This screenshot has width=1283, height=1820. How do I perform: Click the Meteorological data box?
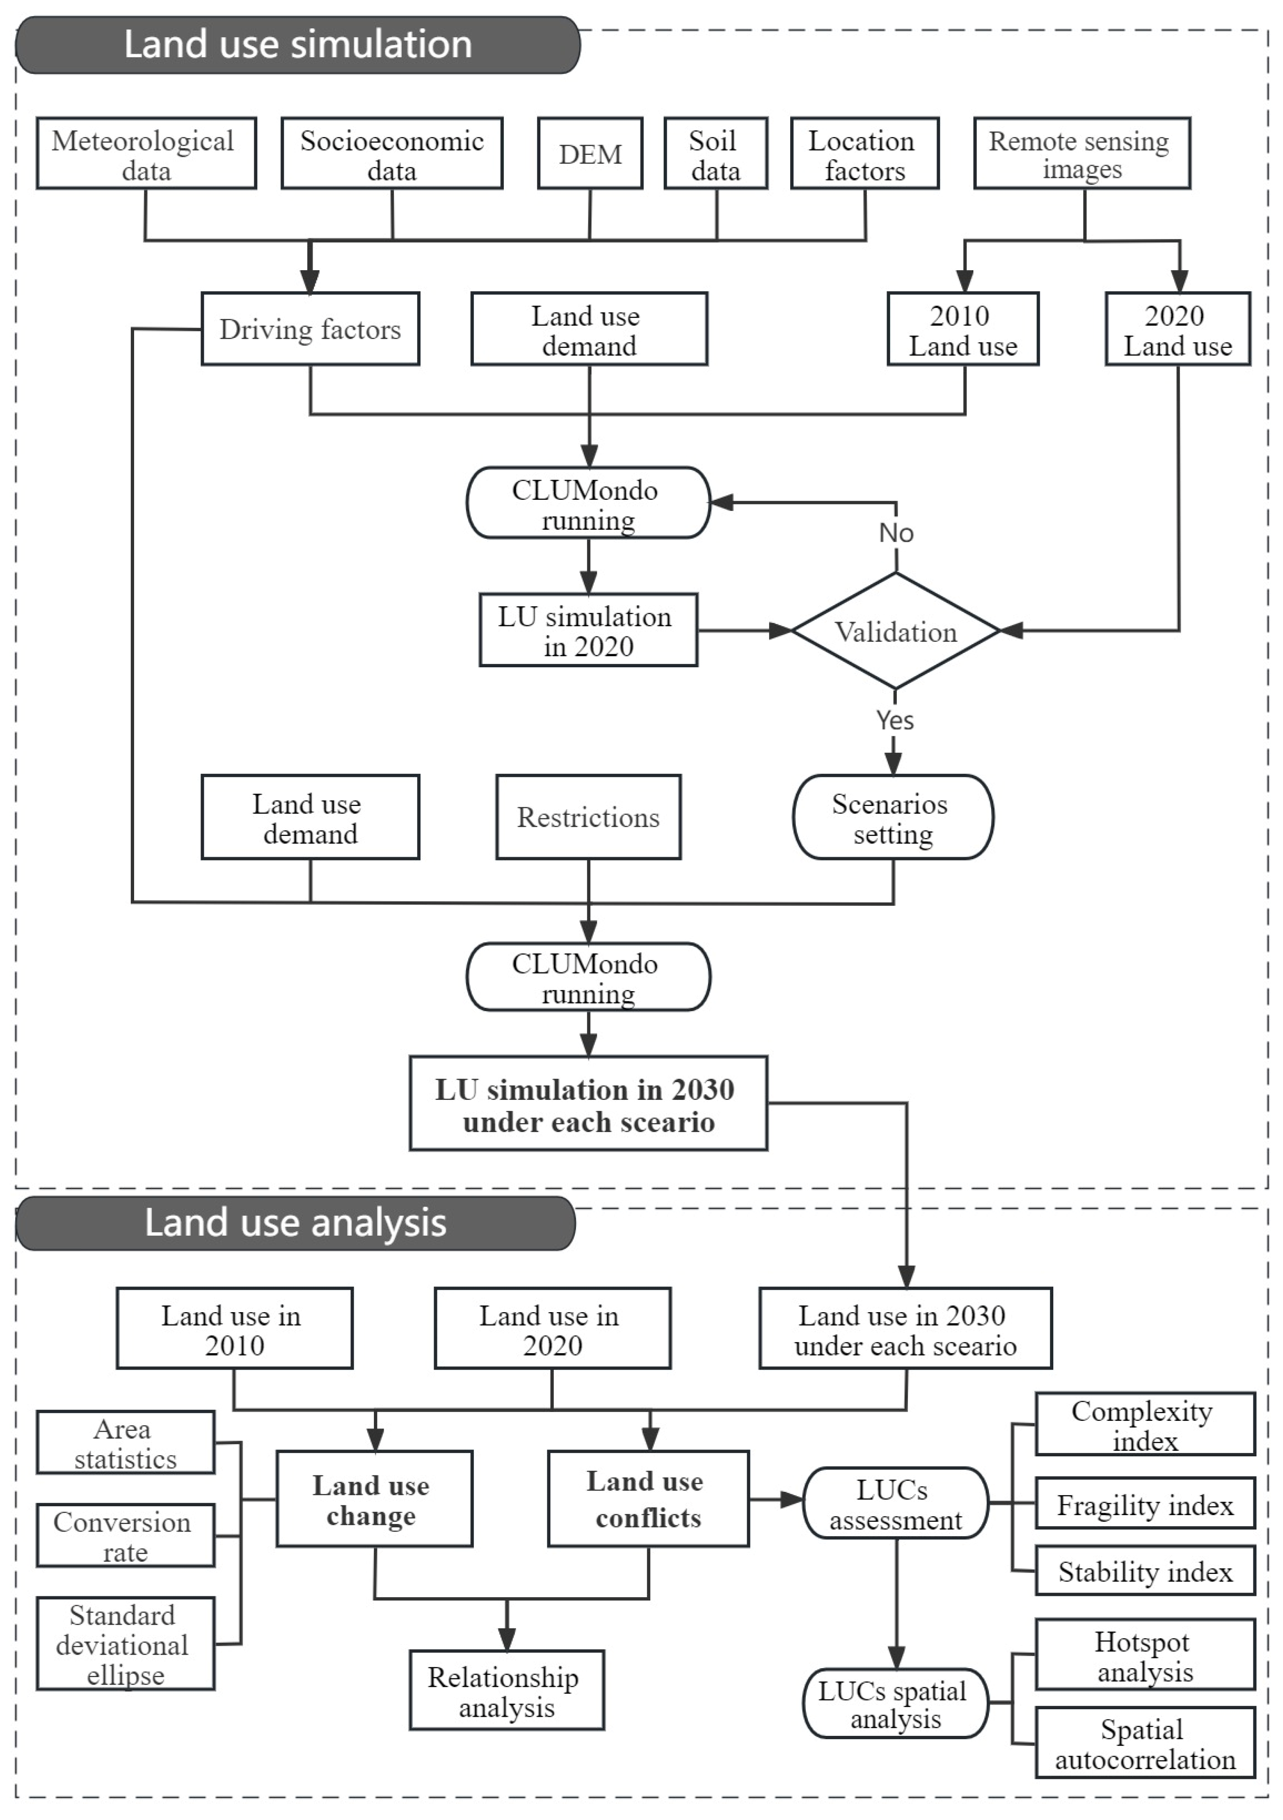[146, 153]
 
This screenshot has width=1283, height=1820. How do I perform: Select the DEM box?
[590, 153]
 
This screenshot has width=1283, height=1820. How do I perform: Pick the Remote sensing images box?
[1082, 153]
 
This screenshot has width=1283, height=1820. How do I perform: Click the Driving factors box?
[310, 329]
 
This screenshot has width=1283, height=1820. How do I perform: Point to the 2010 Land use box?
[963, 329]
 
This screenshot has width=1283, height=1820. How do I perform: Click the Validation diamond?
[896, 631]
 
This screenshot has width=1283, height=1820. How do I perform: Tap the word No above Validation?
[896, 533]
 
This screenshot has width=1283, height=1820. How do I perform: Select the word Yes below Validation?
[894, 721]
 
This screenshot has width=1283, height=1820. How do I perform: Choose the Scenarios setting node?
[893, 817]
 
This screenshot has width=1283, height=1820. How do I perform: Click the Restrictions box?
[588, 817]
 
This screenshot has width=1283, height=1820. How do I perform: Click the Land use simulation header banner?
[298, 45]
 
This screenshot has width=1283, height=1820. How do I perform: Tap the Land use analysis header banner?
[295, 1223]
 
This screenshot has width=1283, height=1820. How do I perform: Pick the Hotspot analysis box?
[1145, 1654]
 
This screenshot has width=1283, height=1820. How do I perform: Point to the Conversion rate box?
[125, 1535]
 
